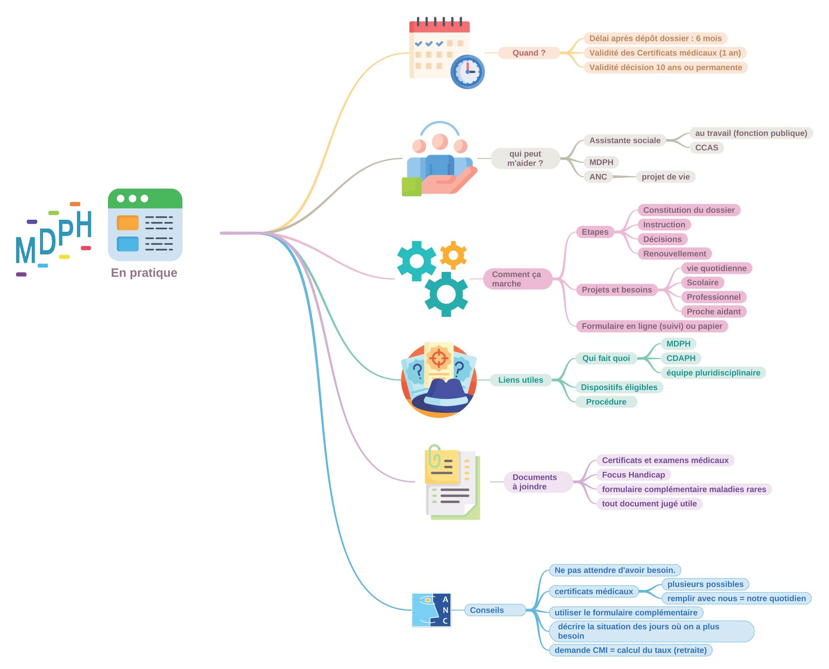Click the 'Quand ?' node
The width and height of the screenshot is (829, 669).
529,53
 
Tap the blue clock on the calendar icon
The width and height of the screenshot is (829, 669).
467,72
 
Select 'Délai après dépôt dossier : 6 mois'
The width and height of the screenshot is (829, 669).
655,38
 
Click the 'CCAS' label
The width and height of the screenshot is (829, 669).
706,148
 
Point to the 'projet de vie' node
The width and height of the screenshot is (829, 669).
665,177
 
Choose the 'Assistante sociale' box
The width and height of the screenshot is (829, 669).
624,140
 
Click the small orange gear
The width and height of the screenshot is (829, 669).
453,255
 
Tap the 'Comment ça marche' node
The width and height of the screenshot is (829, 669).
517,279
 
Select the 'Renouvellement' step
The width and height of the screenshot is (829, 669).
674,253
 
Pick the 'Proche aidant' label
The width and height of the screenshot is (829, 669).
713,311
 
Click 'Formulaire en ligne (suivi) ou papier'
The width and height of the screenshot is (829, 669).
652,326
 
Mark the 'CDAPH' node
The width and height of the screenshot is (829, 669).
680,358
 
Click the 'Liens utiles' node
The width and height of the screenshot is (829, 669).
520,380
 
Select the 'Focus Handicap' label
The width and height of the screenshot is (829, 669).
633,475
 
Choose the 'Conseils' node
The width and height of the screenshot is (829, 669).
487,610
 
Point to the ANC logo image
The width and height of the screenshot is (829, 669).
431,610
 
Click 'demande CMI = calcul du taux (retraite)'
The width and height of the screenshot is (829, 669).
630,650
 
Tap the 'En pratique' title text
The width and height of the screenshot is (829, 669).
144,273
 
